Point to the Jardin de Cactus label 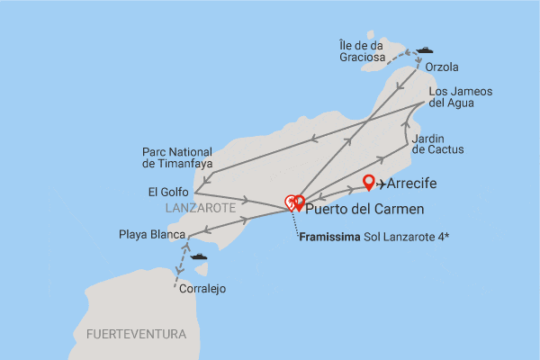click(x=438, y=143)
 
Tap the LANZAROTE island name click(x=200, y=208)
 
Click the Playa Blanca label click(x=151, y=236)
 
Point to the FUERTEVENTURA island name click(x=136, y=334)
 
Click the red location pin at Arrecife click(x=368, y=183)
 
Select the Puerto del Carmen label click(x=364, y=211)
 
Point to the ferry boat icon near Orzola click(x=424, y=50)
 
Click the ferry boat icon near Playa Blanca click(x=198, y=256)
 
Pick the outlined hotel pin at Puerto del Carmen click(x=290, y=202)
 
